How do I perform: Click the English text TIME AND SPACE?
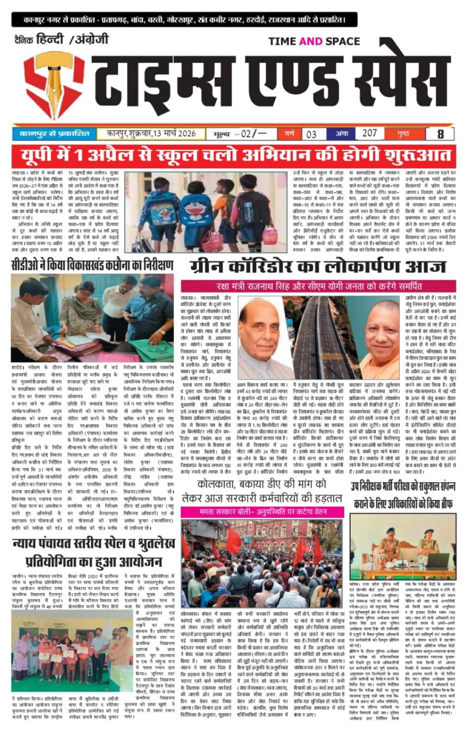pos(314,41)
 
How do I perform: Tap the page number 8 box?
pos(440,133)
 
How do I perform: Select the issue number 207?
pos(370,133)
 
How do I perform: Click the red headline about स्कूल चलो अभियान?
pos(233,156)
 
